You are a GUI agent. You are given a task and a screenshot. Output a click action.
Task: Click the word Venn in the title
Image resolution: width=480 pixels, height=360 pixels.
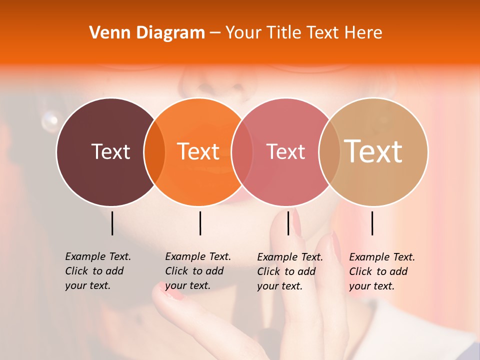coord(106,33)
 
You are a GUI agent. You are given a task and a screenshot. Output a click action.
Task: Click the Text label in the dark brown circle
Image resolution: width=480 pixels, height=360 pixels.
coord(110,151)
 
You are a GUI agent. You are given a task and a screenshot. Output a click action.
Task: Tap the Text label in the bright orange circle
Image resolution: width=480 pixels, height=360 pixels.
coord(198,151)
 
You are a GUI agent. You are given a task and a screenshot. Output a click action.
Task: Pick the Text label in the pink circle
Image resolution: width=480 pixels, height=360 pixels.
coord(285,151)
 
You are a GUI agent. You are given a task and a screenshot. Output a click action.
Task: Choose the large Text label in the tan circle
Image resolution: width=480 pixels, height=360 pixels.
coord(373,151)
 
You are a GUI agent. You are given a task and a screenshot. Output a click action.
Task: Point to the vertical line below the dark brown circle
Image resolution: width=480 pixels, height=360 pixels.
coord(112,223)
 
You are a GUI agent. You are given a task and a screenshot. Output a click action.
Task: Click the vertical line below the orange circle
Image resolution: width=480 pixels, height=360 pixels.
coord(200,223)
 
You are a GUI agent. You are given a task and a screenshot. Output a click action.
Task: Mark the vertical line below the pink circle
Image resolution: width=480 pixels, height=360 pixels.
coord(288,223)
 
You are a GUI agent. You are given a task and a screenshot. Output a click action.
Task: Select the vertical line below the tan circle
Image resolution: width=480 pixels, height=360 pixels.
coord(372,223)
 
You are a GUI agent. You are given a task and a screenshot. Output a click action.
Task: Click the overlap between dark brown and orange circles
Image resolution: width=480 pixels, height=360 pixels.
coord(154,151)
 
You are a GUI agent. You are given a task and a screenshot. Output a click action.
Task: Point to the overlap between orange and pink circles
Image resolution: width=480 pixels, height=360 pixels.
coord(242,151)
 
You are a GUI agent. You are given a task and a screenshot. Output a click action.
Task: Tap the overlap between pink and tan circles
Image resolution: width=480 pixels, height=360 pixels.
coord(329,151)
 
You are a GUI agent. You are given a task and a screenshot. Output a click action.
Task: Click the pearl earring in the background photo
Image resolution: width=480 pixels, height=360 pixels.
coord(50,119)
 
